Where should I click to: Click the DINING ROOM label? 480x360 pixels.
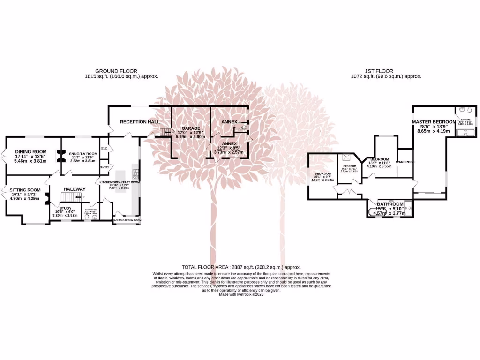(x=31, y=151)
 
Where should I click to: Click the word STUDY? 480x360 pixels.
(x=66, y=206)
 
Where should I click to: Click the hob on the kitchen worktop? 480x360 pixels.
(x=136, y=174)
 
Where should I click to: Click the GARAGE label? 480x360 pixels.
(x=191, y=128)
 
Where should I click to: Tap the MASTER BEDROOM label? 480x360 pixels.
(x=434, y=122)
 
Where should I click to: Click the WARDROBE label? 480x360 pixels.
(x=405, y=162)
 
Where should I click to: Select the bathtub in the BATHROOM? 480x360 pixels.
(x=375, y=210)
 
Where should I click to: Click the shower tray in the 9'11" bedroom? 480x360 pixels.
(x=347, y=158)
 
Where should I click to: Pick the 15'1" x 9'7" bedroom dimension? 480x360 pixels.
(x=322, y=180)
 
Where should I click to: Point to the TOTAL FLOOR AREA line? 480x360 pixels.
(x=240, y=267)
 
